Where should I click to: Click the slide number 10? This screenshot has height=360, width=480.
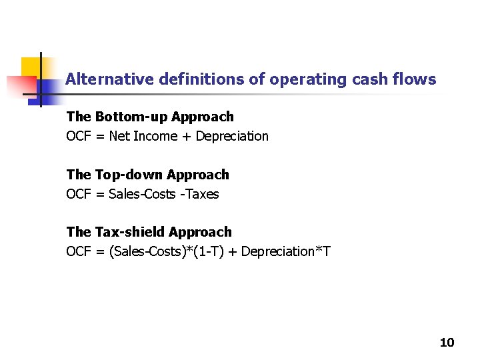pyautogui.click(x=447, y=343)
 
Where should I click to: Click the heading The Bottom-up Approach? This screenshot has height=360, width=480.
pyautogui.click(x=150, y=117)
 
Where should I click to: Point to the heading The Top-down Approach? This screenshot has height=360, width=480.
pyautogui.click(x=147, y=175)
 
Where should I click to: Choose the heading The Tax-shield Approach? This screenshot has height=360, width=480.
pyautogui.click(x=149, y=232)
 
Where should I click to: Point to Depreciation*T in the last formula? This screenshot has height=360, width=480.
pyautogui.click(x=285, y=252)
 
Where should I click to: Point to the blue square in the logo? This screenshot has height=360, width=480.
pyautogui.click(x=48, y=89)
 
